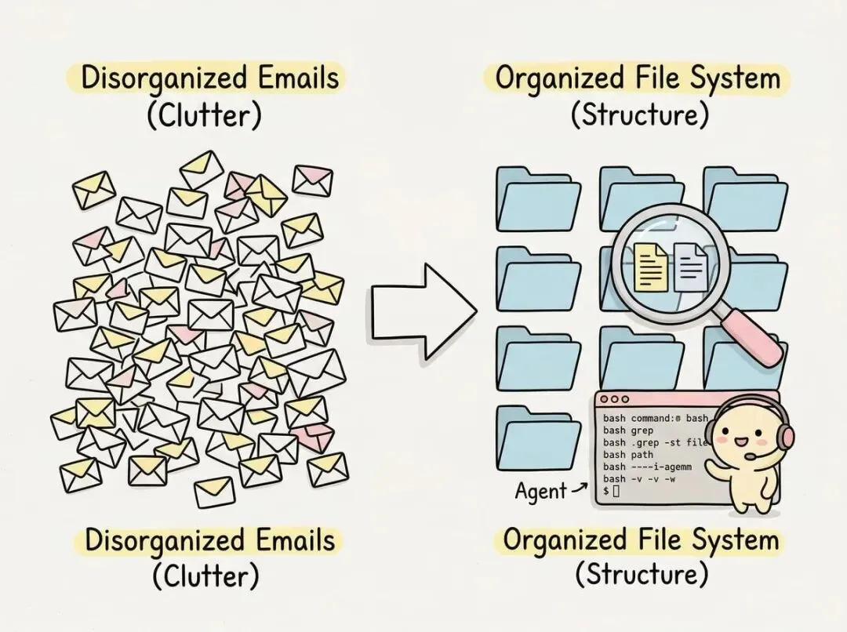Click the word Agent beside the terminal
[x=540, y=492]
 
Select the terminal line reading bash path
[x=627, y=454]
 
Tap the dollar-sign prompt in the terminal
[x=605, y=491]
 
